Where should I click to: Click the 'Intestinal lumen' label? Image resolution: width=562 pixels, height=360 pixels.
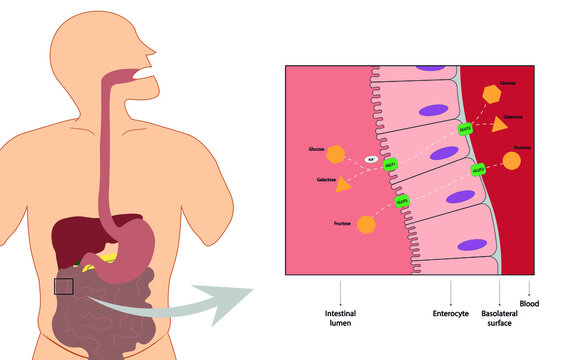(341, 319)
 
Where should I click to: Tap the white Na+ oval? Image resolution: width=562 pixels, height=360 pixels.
(371, 160)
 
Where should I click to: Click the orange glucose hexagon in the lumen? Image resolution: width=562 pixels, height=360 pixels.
(336, 154)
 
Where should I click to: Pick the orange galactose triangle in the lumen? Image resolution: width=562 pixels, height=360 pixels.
(343, 184)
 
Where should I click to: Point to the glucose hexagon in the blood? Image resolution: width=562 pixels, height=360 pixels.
(491, 93)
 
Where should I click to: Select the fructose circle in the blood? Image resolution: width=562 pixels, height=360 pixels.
(511, 160)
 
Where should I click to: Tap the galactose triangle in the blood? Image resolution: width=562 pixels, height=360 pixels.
(499, 125)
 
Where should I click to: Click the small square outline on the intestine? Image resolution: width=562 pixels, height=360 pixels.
(63, 287)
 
